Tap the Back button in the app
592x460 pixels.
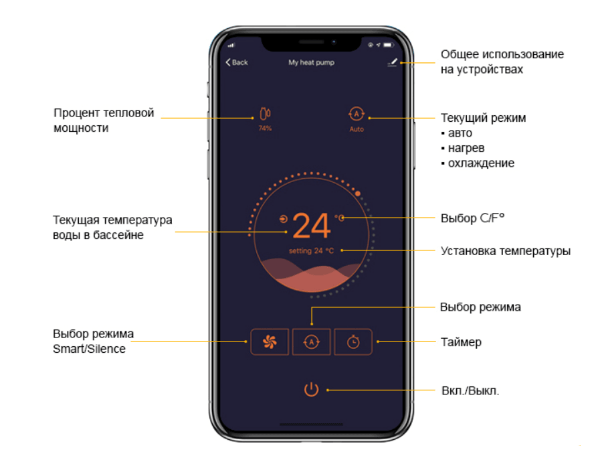237,62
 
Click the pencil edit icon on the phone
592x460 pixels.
392,62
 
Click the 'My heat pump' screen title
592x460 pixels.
312,62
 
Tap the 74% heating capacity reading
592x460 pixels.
265,128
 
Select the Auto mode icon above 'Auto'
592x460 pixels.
357,114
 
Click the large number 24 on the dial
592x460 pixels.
312,225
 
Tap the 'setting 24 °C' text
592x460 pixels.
312,251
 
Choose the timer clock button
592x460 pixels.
353,341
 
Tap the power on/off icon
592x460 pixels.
312,389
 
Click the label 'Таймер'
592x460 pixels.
461,342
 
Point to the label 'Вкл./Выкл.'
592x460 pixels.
470,390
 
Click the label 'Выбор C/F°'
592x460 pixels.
472,218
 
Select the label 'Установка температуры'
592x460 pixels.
506,251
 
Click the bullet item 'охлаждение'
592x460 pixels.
481,163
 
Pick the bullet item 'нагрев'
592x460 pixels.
466,148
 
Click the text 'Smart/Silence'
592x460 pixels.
89,349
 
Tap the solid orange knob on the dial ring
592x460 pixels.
357,194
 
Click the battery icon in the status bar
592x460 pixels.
389,45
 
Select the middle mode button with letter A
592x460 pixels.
312,341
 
